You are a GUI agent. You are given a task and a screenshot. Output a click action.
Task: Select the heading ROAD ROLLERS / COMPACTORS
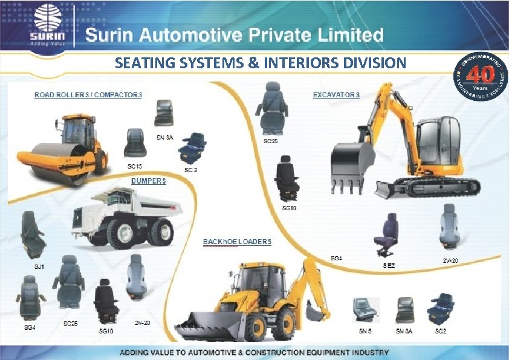[x=88, y=95]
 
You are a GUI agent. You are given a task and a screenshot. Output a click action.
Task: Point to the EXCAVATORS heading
[x=336, y=95]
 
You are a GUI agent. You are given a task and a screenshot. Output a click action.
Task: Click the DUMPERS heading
[x=149, y=181]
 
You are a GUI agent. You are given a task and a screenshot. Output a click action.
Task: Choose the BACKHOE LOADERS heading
[x=237, y=242]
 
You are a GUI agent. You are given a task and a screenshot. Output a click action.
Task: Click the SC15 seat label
[x=134, y=165]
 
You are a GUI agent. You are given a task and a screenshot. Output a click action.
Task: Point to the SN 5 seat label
[x=365, y=332]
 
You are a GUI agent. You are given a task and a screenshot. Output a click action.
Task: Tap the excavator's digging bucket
[x=350, y=163]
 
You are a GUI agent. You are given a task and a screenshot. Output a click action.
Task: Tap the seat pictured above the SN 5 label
[x=366, y=309]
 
